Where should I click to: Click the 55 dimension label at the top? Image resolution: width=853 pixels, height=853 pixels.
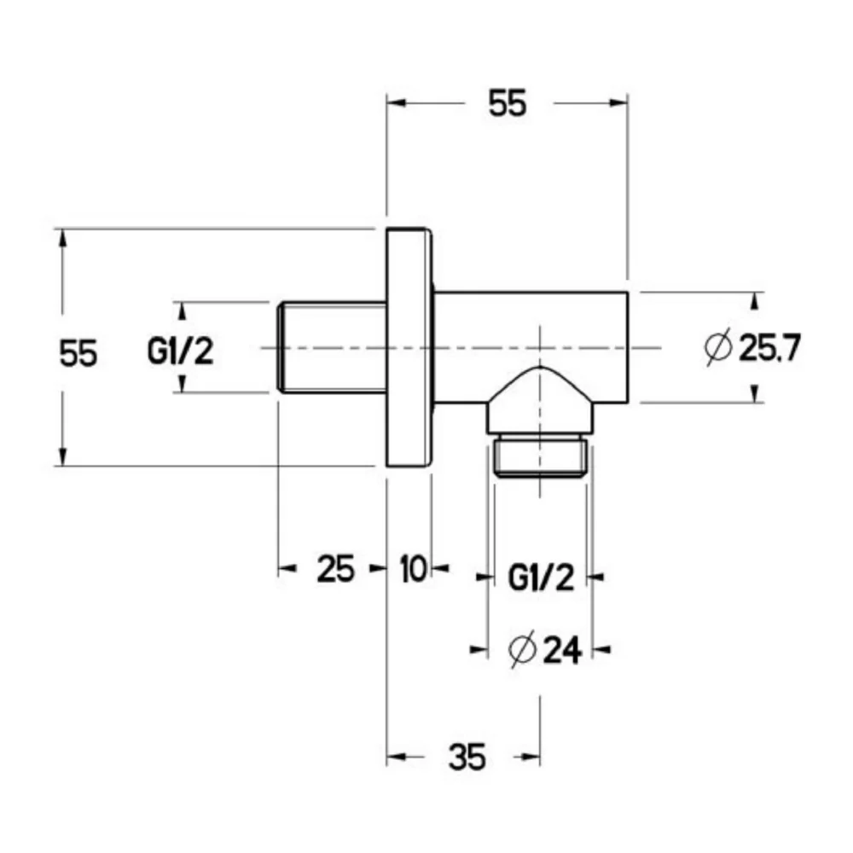(x=507, y=103)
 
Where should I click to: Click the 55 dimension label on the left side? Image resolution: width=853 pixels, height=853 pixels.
(x=78, y=353)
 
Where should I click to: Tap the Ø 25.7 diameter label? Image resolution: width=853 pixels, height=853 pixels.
(x=752, y=348)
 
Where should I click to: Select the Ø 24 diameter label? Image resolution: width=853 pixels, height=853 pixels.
(x=545, y=649)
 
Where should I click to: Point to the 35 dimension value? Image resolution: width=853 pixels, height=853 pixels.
(x=467, y=757)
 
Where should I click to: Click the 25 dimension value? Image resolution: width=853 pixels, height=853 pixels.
(x=335, y=569)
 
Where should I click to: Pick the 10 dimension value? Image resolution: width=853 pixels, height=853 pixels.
(x=414, y=569)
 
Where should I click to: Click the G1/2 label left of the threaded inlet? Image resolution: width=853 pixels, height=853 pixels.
(x=181, y=351)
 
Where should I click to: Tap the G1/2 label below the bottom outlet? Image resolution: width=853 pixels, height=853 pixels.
(x=542, y=577)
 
